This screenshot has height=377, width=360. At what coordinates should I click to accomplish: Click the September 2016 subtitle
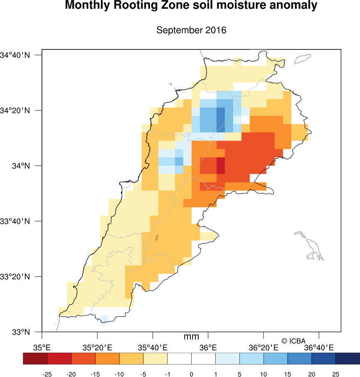(191, 30)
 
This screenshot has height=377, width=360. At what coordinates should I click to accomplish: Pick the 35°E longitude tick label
(42, 347)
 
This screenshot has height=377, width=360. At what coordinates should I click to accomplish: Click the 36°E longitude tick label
(208, 347)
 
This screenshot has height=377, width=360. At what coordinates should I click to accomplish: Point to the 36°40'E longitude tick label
(319, 347)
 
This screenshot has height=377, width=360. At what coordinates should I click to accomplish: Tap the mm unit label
(191, 337)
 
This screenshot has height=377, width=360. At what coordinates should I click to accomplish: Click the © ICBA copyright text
(293, 341)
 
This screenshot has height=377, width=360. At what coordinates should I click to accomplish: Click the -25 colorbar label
(47, 374)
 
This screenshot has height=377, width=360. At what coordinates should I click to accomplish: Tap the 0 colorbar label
(191, 374)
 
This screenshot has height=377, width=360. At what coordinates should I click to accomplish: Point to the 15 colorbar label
(287, 374)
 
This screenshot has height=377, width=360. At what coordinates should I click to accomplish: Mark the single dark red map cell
(220, 166)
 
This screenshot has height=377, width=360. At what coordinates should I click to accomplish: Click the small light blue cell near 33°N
(104, 318)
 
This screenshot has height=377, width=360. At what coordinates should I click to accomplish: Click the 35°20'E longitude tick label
(97, 347)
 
